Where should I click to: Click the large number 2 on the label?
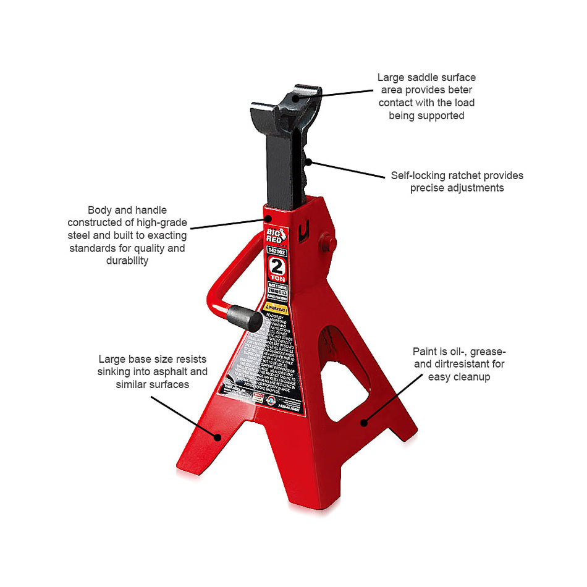277,267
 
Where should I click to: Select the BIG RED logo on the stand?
275,235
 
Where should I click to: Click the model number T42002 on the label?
276,251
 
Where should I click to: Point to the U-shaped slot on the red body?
303,232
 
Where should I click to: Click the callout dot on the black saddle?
296,97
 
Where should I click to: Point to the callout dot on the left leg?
218,437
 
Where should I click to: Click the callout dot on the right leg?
364,423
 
